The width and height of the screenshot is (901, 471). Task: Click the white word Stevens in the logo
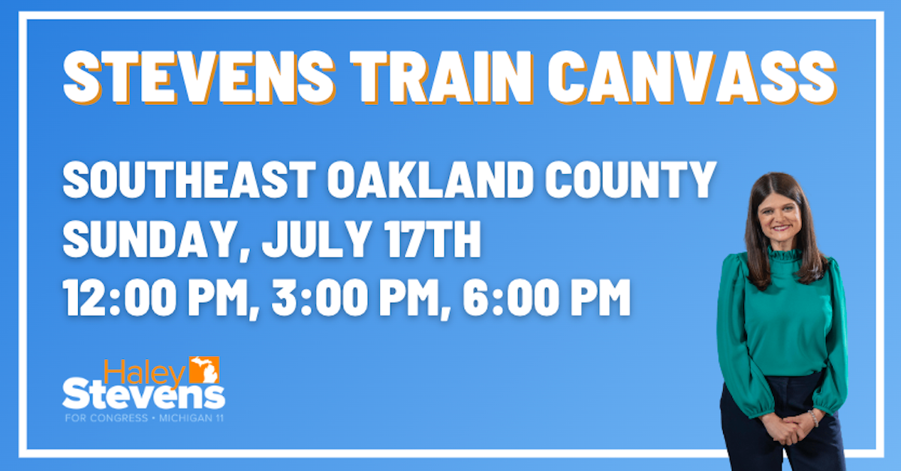click(143, 394)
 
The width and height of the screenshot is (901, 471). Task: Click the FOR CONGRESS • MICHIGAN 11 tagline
click(143, 418)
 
